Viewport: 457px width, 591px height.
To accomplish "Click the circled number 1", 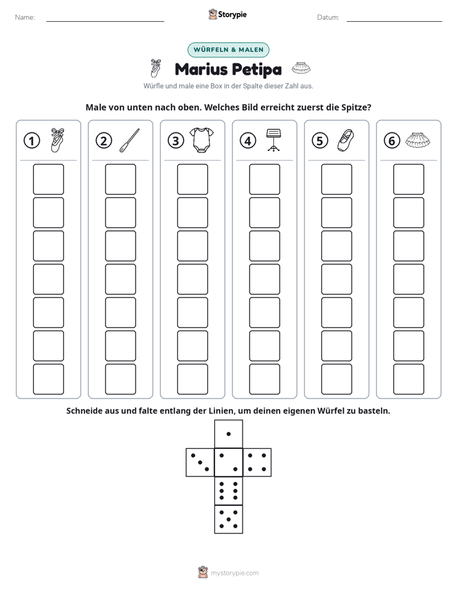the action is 31,141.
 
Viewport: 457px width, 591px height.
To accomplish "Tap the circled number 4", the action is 248,141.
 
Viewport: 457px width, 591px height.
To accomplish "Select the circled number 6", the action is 392,141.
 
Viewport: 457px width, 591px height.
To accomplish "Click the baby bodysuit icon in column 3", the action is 202,140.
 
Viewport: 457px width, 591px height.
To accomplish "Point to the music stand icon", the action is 273,140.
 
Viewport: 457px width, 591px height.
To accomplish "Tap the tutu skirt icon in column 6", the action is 417,140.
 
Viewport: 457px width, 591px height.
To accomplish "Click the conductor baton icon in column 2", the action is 129,140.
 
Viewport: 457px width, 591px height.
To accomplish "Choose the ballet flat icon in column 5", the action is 346,140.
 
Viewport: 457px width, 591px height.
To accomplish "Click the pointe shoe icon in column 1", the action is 58,140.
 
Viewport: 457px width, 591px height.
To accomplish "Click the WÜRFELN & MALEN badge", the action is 228,50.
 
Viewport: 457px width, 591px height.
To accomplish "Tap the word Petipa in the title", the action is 257,69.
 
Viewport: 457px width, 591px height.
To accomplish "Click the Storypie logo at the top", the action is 227,14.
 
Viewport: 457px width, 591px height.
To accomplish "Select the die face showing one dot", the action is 228,434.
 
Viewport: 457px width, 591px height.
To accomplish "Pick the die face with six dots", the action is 228,491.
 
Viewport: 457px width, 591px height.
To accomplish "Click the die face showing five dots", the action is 228,519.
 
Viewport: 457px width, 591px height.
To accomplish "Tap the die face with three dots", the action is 200,462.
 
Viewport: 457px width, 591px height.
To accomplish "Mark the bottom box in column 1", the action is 48,379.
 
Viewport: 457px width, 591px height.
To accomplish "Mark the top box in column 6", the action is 409,179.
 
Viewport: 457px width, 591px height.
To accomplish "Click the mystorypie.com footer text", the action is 234,573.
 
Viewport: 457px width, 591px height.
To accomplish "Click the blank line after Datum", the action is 394,21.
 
